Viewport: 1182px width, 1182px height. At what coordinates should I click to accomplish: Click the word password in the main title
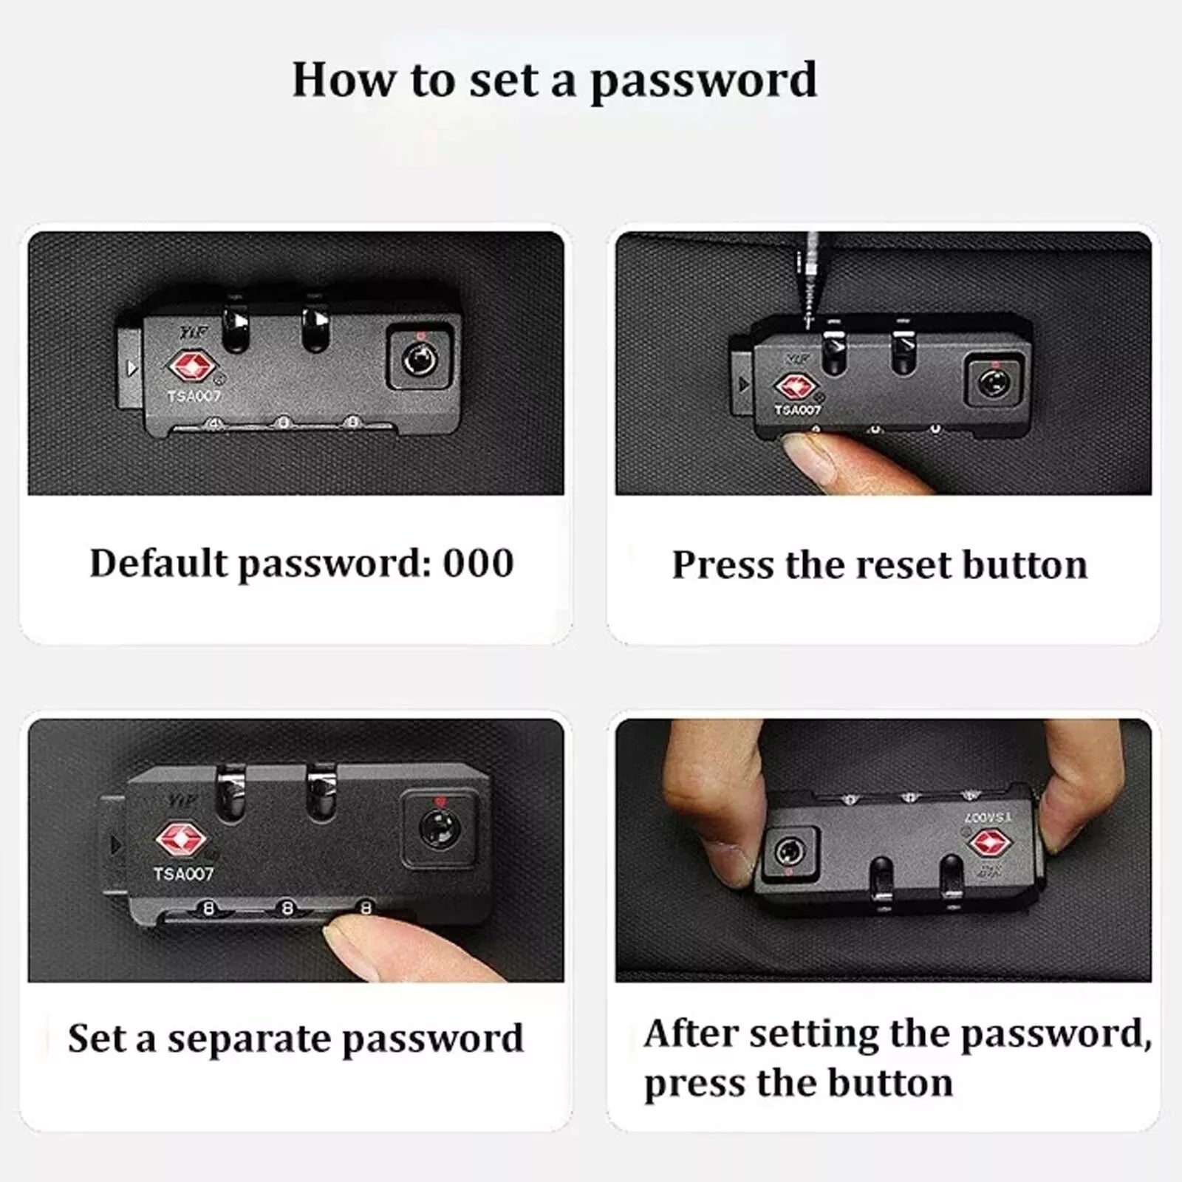(x=703, y=81)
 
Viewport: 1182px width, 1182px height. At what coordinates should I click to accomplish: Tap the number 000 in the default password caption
(x=478, y=563)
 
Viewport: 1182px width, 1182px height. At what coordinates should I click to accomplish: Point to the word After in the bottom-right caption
(x=691, y=1032)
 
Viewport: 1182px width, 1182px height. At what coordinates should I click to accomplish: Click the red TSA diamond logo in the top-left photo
(x=192, y=366)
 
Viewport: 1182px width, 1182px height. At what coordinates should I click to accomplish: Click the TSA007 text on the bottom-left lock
(x=183, y=874)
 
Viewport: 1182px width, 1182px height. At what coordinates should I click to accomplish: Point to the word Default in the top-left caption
(x=159, y=563)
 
